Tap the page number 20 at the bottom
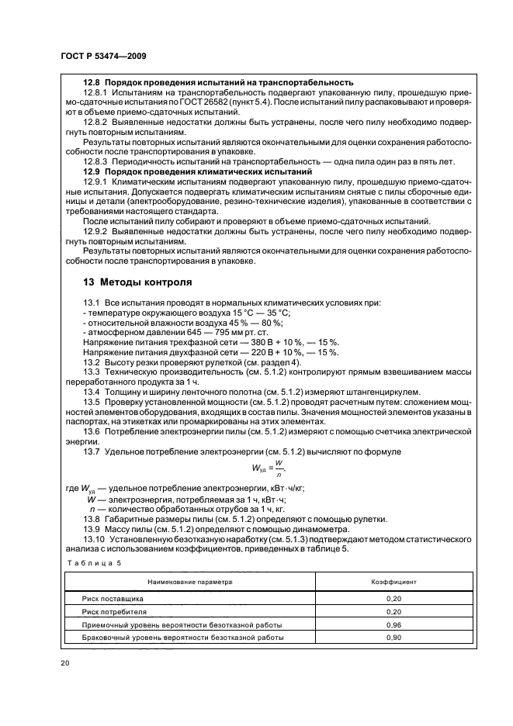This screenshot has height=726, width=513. coord(64,663)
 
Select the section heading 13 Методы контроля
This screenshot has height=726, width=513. coord(134,282)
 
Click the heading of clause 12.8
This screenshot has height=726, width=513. coord(218,82)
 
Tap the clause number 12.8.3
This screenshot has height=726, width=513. coord(98,161)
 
